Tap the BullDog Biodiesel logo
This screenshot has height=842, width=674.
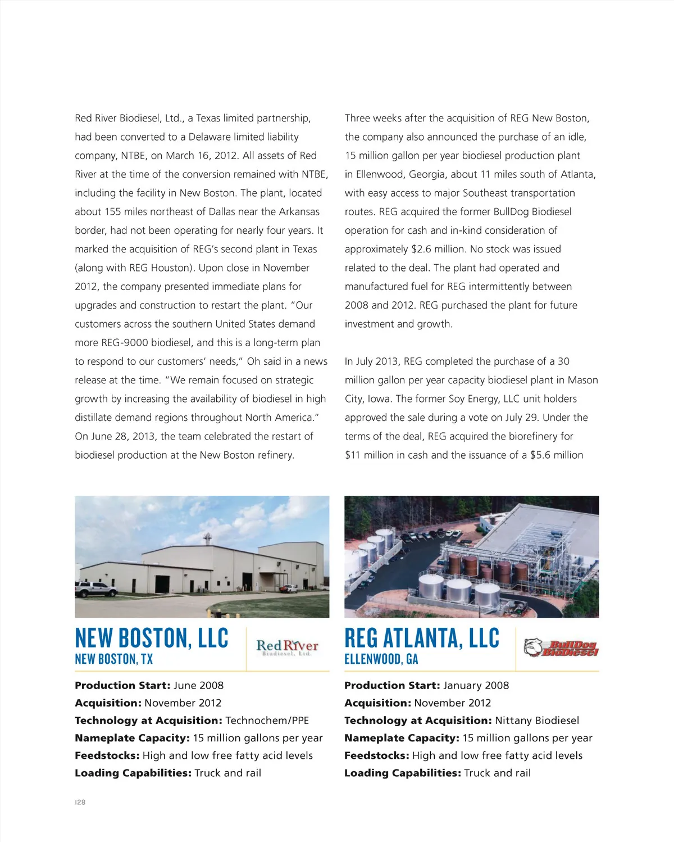tap(561, 648)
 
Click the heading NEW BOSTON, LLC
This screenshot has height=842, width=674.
tap(152, 638)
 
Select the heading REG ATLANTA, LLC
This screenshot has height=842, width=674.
tap(422, 638)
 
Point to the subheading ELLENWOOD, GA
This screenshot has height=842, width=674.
tap(381, 659)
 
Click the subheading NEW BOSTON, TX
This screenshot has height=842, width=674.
tap(114, 659)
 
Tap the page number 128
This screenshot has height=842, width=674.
tap(80, 802)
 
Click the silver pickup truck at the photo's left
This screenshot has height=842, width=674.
tap(97, 589)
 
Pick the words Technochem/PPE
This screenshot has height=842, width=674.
tap(267, 721)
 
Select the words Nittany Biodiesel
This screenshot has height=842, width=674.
tap(537, 721)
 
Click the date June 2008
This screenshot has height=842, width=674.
tap(198, 686)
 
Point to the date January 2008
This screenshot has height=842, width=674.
tap(476, 686)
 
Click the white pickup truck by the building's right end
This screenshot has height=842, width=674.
tap(289, 589)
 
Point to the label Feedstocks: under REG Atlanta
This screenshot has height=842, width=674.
tap(376, 755)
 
